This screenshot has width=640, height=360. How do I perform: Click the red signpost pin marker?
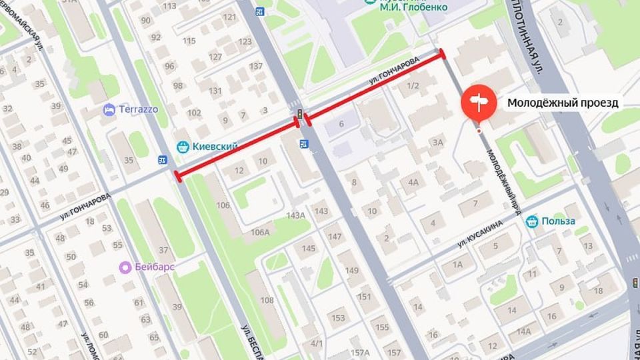[479, 102]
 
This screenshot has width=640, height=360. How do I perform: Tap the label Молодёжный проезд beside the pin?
[563, 103]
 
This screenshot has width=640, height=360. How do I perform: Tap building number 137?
[256, 66]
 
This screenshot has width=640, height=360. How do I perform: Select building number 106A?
[261, 231]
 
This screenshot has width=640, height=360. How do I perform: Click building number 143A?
[295, 215]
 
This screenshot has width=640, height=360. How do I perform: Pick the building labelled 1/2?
[413, 85]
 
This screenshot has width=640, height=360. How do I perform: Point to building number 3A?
[437, 141]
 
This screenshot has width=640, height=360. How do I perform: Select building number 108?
[267, 299]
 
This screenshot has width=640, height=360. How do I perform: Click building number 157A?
[360, 352]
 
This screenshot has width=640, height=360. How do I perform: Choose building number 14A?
[524, 331]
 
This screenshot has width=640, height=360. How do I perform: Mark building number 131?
[215, 91]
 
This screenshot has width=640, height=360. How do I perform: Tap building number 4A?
[413, 182]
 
